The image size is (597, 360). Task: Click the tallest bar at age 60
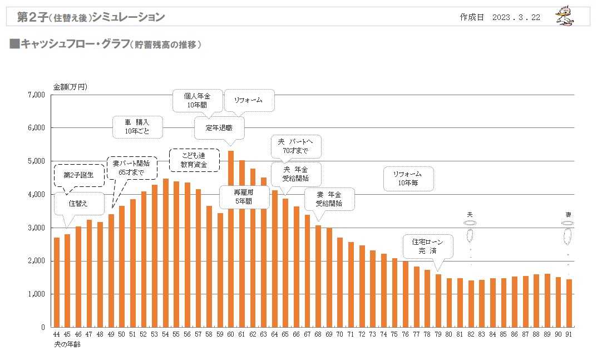pyautogui.click(x=231, y=239)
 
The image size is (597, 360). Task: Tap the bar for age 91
pyautogui.click(x=569, y=303)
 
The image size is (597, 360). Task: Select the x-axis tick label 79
pyautogui.click(x=438, y=334)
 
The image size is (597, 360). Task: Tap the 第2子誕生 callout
pyautogui.click(x=80, y=175)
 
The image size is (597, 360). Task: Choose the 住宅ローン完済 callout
pyautogui.click(x=428, y=246)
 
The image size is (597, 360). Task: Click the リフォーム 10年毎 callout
pyautogui.click(x=408, y=179)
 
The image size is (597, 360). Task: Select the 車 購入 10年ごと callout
pyautogui.click(x=136, y=127)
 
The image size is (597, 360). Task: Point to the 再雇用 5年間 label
pyautogui.click(x=243, y=196)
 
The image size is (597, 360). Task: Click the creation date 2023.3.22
pyautogui.click(x=516, y=17)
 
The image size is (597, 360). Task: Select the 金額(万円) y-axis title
pyautogui.click(x=70, y=87)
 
